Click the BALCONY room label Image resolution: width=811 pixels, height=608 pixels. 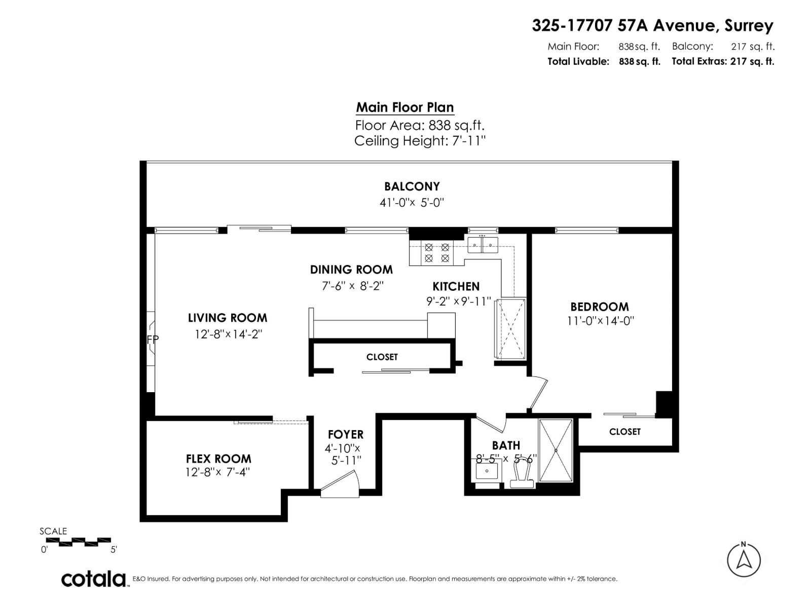(412, 186)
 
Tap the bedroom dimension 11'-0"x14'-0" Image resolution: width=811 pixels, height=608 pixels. (600, 321)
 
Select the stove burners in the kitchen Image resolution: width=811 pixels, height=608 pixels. (436, 253)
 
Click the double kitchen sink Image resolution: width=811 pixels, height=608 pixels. (483, 246)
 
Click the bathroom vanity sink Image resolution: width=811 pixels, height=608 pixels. (487, 472)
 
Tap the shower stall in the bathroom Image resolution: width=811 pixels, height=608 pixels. (556, 450)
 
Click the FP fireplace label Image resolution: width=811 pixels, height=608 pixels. (153, 339)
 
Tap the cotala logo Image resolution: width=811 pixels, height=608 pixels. (94, 579)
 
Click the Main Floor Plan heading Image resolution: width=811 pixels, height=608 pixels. (404, 107)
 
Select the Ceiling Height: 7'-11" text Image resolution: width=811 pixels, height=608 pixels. (420, 141)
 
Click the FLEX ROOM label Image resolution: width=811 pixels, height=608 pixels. (218, 459)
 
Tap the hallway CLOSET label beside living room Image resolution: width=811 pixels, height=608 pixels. (382, 357)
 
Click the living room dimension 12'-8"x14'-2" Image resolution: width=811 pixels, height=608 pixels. (228, 334)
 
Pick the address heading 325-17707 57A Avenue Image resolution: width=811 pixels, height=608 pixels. (652, 25)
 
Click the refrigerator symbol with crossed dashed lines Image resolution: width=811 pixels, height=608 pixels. (510, 329)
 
